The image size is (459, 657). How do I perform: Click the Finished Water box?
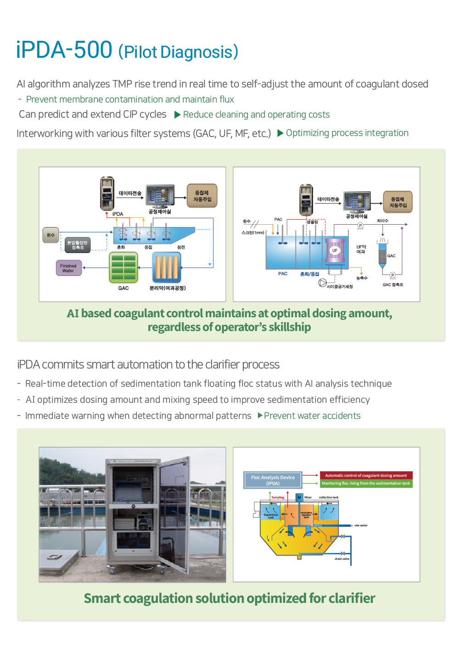(x=68, y=268)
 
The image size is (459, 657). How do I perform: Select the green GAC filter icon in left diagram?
(x=123, y=267)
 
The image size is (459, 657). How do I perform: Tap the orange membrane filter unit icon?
(x=166, y=268)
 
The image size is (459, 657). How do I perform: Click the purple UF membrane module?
(x=335, y=250)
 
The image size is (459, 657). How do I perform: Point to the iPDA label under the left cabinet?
(x=118, y=214)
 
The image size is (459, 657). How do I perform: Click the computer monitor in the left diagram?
(x=160, y=196)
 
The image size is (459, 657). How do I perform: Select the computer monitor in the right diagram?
(x=357, y=202)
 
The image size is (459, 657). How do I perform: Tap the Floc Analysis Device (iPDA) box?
(x=273, y=480)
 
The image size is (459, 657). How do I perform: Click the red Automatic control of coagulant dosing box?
(x=366, y=475)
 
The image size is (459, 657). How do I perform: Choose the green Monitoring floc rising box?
(x=366, y=483)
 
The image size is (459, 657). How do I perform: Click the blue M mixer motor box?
(x=299, y=497)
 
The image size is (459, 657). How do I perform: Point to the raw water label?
(x=361, y=525)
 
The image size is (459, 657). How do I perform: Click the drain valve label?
(x=342, y=559)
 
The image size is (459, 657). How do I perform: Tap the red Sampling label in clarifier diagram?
(x=278, y=497)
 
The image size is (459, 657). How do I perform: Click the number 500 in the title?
(x=93, y=50)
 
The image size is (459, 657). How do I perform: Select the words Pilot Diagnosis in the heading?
(x=178, y=52)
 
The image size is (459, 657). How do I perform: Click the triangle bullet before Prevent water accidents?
(x=260, y=415)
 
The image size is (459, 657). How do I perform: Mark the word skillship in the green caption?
(x=289, y=327)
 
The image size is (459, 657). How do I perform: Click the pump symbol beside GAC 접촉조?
(x=392, y=276)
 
